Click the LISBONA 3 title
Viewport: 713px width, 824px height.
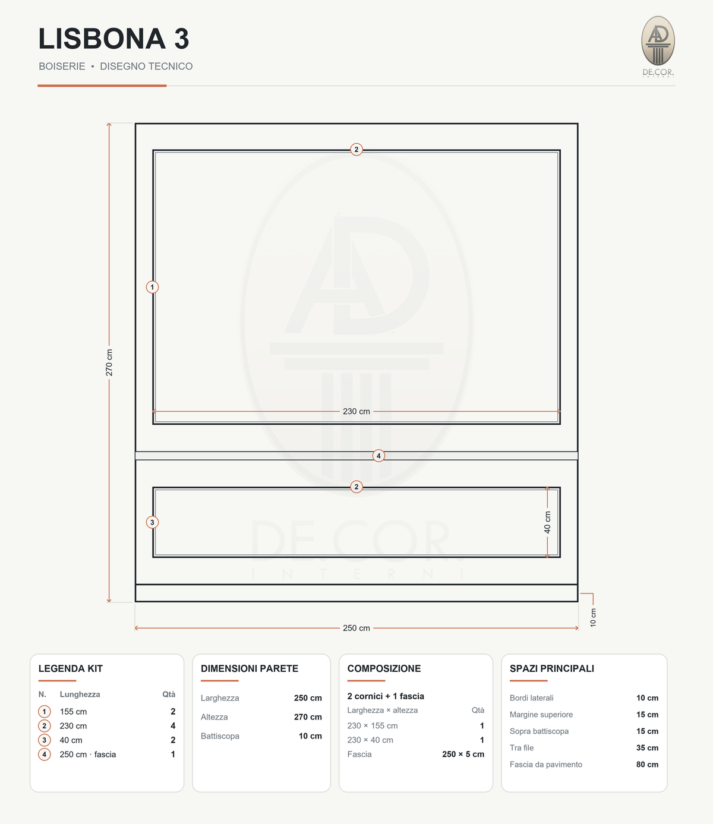tap(113, 39)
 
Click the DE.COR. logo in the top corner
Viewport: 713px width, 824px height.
tap(658, 46)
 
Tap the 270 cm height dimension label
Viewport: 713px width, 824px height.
tap(109, 362)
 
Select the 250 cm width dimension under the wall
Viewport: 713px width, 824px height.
tap(356, 628)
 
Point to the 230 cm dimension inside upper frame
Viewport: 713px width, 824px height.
tap(356, 411)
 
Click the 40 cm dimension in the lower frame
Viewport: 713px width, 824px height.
tap(547, 522)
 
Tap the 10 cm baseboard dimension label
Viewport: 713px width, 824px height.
tap(593, 617)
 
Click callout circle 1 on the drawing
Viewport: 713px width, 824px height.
tap(152, 287)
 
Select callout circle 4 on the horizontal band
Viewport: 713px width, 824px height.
tap(378, 456)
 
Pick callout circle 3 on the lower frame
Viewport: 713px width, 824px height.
tap(152, 522)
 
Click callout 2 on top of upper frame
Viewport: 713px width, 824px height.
tap(356, 150)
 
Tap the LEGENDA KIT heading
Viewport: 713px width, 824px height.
tap(71, 668)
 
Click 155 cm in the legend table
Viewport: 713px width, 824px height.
tap(73, 712)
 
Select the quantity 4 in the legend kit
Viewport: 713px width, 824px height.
tap(173, 725)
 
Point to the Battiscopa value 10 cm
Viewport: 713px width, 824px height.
tap(310, 736)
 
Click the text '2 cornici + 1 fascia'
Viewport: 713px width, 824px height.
tap(386, 696)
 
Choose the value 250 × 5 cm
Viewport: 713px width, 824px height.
tap(463, 754)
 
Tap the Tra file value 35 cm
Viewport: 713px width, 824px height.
tap(647, 748)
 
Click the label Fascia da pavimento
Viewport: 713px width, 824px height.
tap(546, 765)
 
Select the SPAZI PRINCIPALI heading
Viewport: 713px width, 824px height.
tap(552, 668)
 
